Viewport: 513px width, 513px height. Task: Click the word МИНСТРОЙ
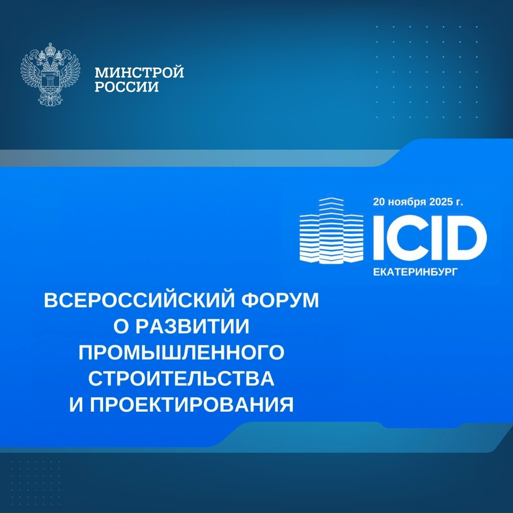[139, 73]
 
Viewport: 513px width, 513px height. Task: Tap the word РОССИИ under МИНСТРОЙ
[127, 87]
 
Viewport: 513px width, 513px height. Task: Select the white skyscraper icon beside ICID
[331, 231]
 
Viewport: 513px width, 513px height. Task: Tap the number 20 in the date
[380, 202]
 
